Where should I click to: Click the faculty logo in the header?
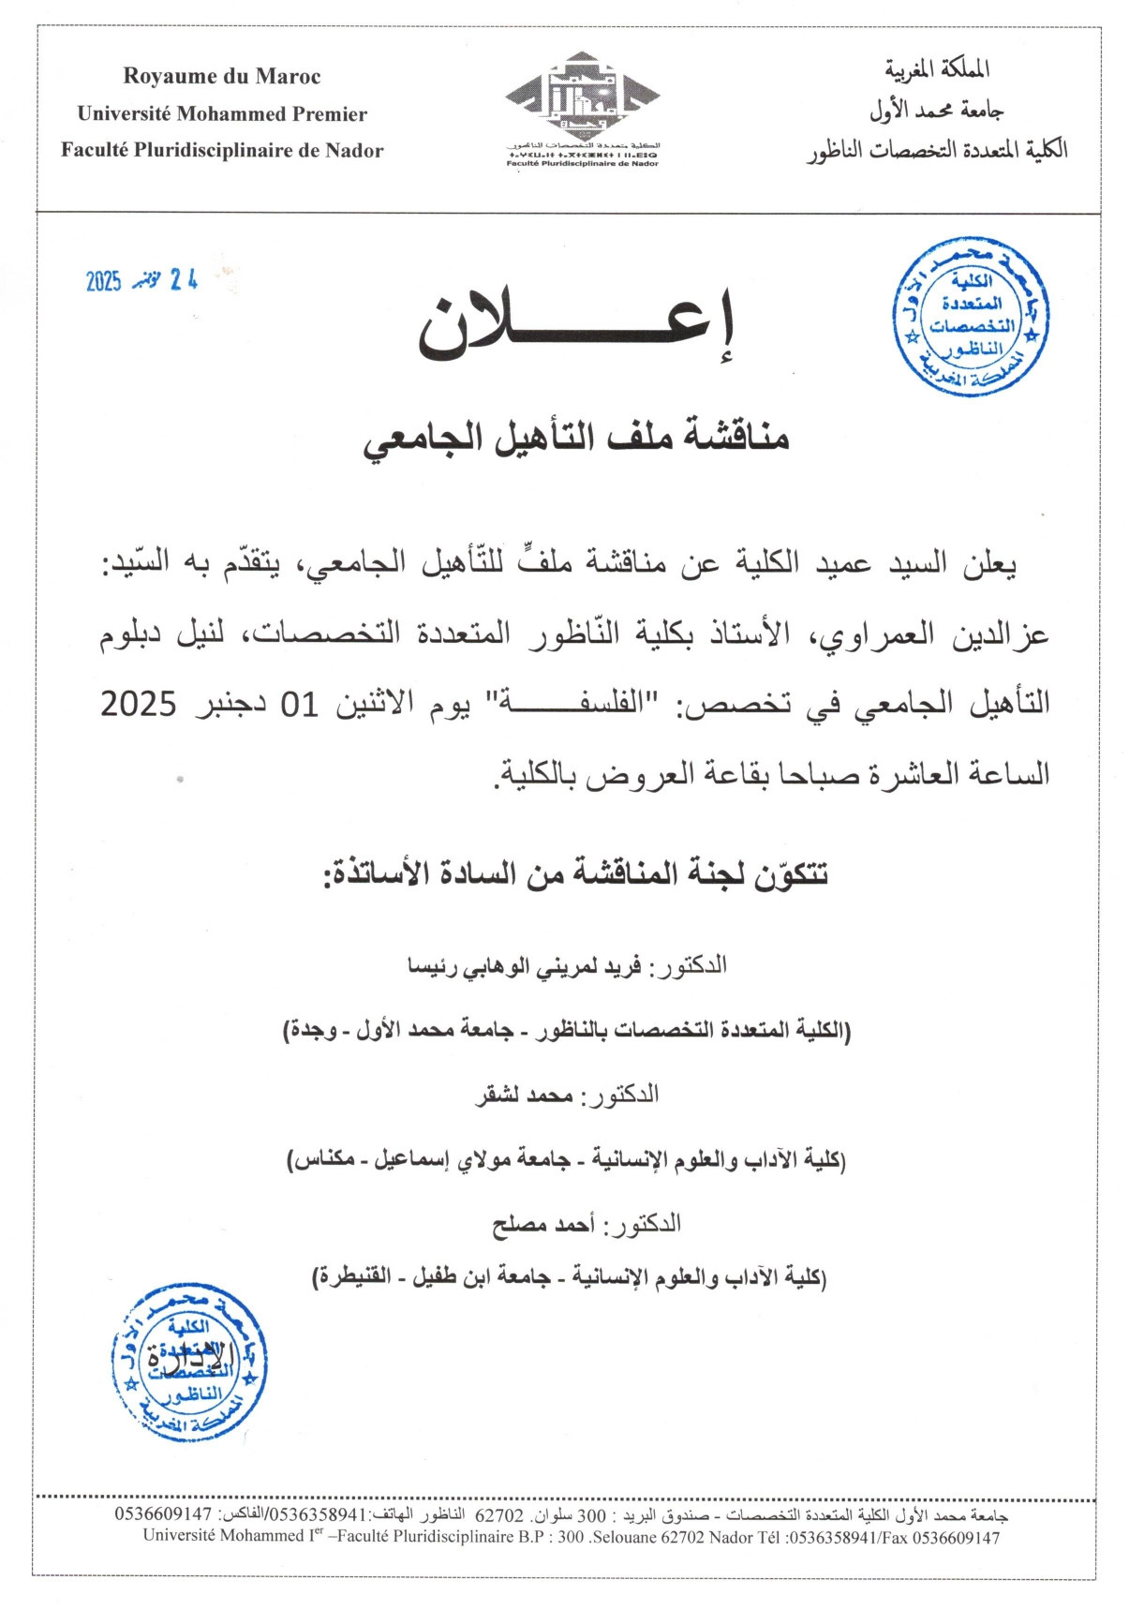tap(582, 103)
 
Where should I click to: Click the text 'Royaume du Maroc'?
tap(222, 77)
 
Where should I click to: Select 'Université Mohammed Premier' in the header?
tap(222, 114)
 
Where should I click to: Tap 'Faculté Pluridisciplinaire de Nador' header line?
tap(222, 150)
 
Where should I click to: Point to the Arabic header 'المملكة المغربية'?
tap(937, 69)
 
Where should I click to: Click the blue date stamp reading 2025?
tap(141, 280)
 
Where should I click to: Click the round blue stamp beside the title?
tap(970, 316)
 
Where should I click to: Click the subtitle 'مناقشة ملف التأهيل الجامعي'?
tap(576, 437)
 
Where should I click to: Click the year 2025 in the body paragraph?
tap(139, 704)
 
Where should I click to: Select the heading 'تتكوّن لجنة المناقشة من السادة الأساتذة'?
tap(575, 873)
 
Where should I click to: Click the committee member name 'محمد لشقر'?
tap(524, 1095)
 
